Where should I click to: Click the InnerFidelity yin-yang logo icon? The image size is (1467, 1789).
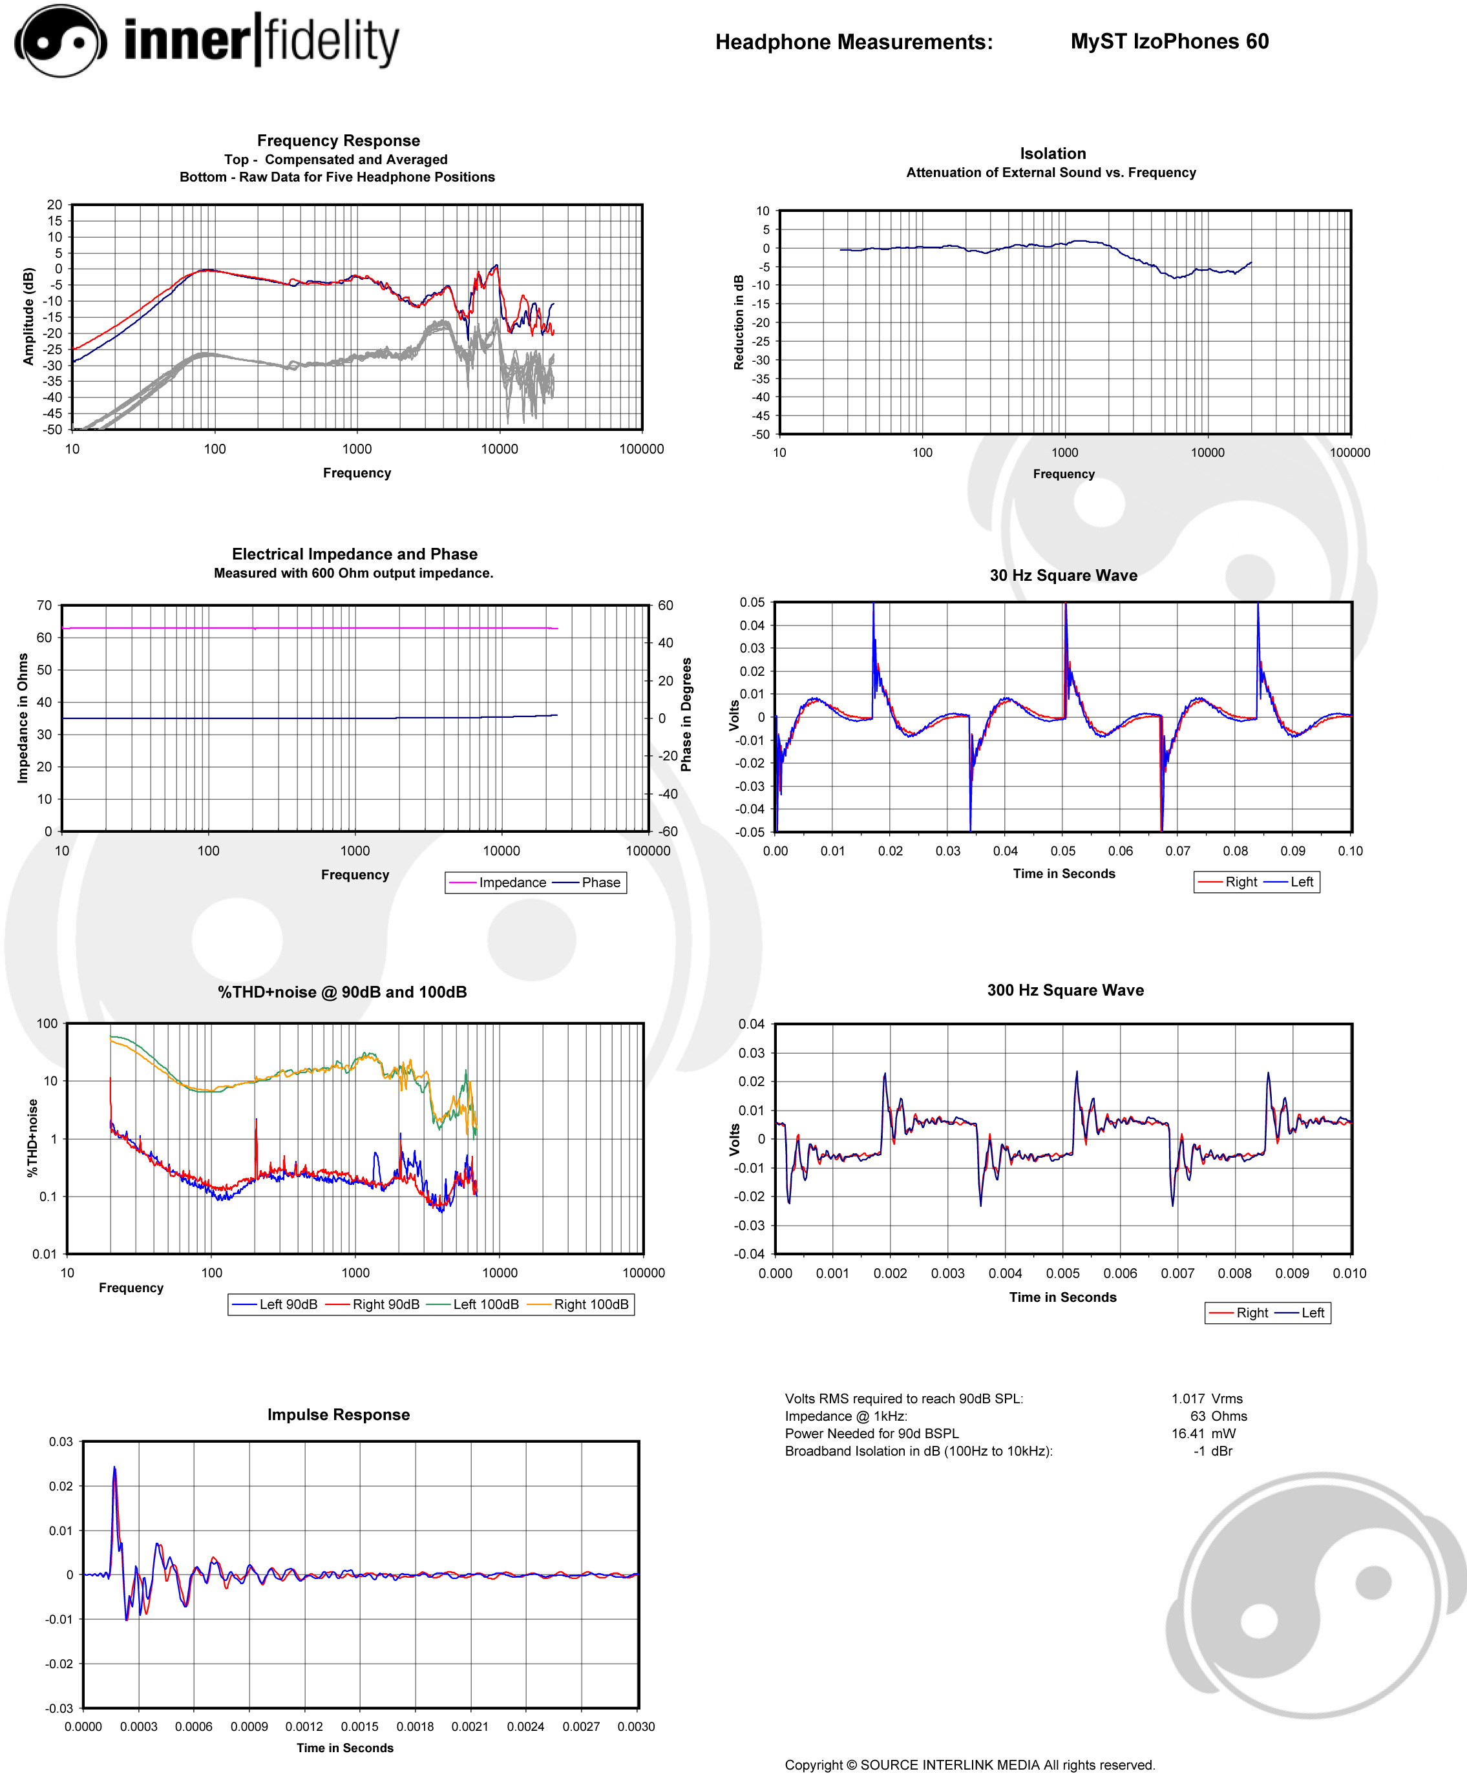point(60,41)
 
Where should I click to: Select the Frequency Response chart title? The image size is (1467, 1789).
point(338,140)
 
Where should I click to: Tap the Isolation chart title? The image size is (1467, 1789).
point(1052,153)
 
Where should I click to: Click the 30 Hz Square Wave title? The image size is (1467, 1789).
point(1063,575)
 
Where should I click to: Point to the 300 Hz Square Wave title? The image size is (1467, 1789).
point(1065,990)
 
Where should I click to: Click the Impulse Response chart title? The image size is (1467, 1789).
point(338,1415)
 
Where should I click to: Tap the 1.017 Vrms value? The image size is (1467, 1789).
point(1207,1399)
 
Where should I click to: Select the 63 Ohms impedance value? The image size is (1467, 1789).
point(1219,1416)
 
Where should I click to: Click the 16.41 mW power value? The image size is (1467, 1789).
point(1203,1434)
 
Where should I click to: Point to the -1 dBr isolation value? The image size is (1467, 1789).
point(1212,1451)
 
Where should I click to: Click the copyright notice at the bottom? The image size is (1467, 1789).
point(969,1764)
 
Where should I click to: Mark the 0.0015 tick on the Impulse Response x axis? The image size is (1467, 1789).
point(359,1726)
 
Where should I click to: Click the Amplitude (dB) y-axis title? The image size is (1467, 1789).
point(28,316)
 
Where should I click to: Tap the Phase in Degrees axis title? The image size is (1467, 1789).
point(686,715)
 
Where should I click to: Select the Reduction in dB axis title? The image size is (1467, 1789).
point(739,322)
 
